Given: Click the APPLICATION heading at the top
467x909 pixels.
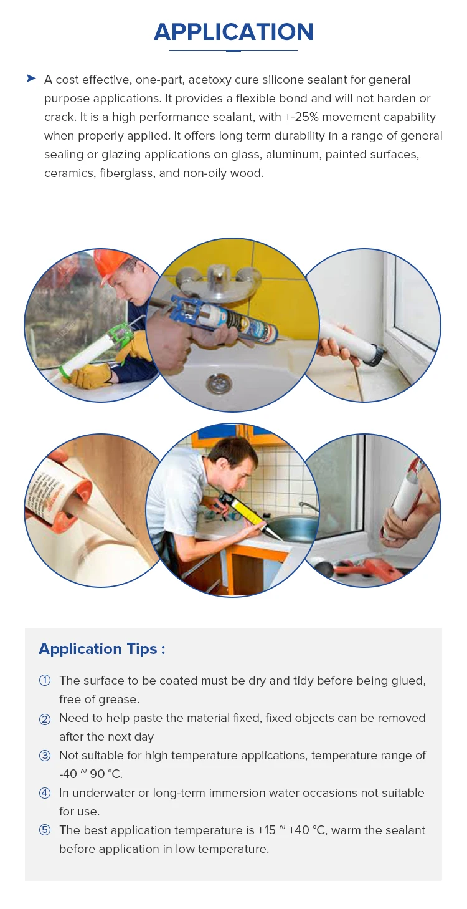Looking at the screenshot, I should pos(233,32).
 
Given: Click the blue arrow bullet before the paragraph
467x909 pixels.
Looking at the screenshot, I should pos(31,79).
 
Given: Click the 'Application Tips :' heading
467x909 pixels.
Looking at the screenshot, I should pos(102,649).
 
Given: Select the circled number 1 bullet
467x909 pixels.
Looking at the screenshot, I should pos(45,681).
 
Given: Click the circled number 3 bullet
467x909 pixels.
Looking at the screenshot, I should pos(45,756).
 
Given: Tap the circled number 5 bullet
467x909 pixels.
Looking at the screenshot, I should pos(45,830).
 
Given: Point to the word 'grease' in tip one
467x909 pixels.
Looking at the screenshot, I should pos(118,700).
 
